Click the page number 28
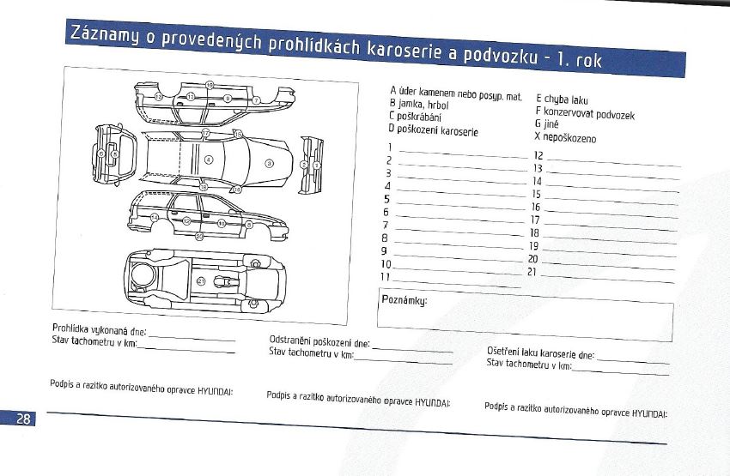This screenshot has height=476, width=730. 23,418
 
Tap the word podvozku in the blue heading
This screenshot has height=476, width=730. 501,55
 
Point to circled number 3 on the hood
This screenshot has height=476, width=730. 269,162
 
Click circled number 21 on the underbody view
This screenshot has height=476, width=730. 201,280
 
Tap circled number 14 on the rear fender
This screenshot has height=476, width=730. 154,219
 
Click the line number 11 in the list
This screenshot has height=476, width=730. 386,276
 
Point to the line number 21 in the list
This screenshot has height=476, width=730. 532,271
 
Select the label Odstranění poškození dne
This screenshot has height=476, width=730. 319,341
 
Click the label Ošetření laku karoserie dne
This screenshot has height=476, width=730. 540,353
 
